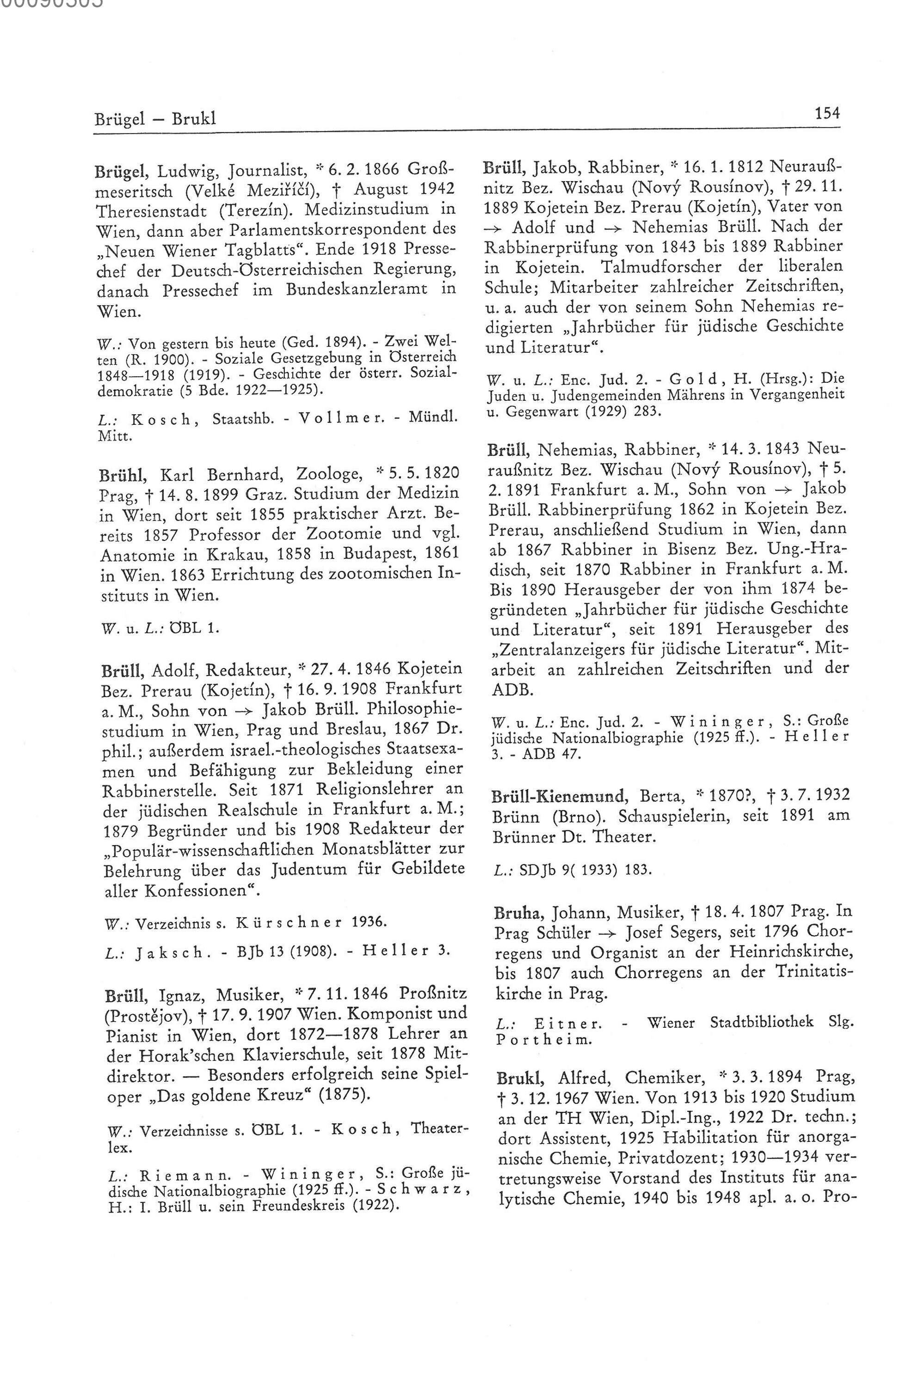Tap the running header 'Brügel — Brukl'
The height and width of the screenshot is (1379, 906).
point(155,119)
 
